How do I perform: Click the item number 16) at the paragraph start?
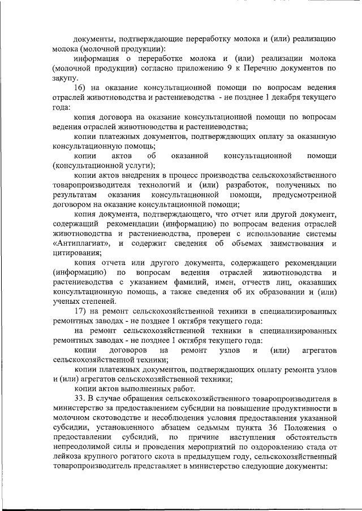(80, 88)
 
